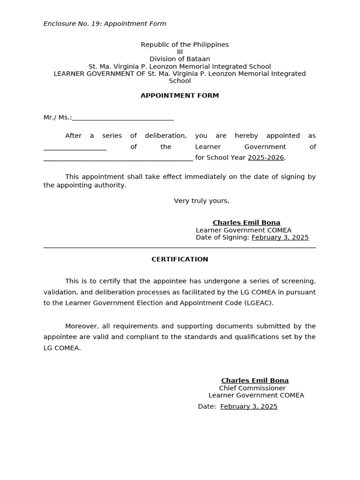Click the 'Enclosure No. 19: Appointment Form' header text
[105, 24]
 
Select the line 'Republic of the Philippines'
[185, 45]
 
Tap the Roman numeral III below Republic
[180, 52]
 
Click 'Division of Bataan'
[180, 59]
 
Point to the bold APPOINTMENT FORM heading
[180, 96]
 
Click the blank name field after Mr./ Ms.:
[123, 118]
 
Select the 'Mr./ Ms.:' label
[57, 118]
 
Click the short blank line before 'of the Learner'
[75, 147]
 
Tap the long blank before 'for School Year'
[118, 158]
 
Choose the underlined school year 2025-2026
[266, 158]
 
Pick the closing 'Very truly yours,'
[202, 201]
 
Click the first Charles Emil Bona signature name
[246, 223]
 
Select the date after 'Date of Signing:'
[280, 238]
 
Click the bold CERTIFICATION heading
[180, 259]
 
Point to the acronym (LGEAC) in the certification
[258, 303]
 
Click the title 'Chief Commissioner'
[252, 388]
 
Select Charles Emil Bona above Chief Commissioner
[255, 381]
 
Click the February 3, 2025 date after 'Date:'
[248, 406]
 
